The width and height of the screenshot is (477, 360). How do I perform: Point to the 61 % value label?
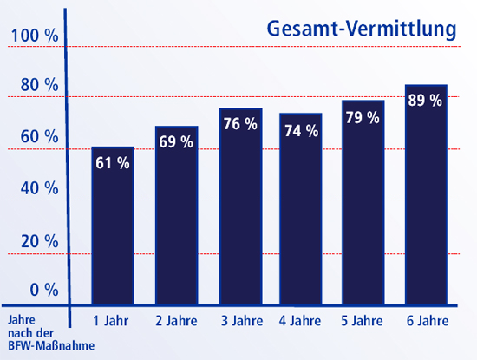113,162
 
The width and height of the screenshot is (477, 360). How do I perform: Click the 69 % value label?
176,141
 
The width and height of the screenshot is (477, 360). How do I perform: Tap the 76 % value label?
240,124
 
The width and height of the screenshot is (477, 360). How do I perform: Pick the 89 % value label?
426,100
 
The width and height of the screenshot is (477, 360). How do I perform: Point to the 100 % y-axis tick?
34,36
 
